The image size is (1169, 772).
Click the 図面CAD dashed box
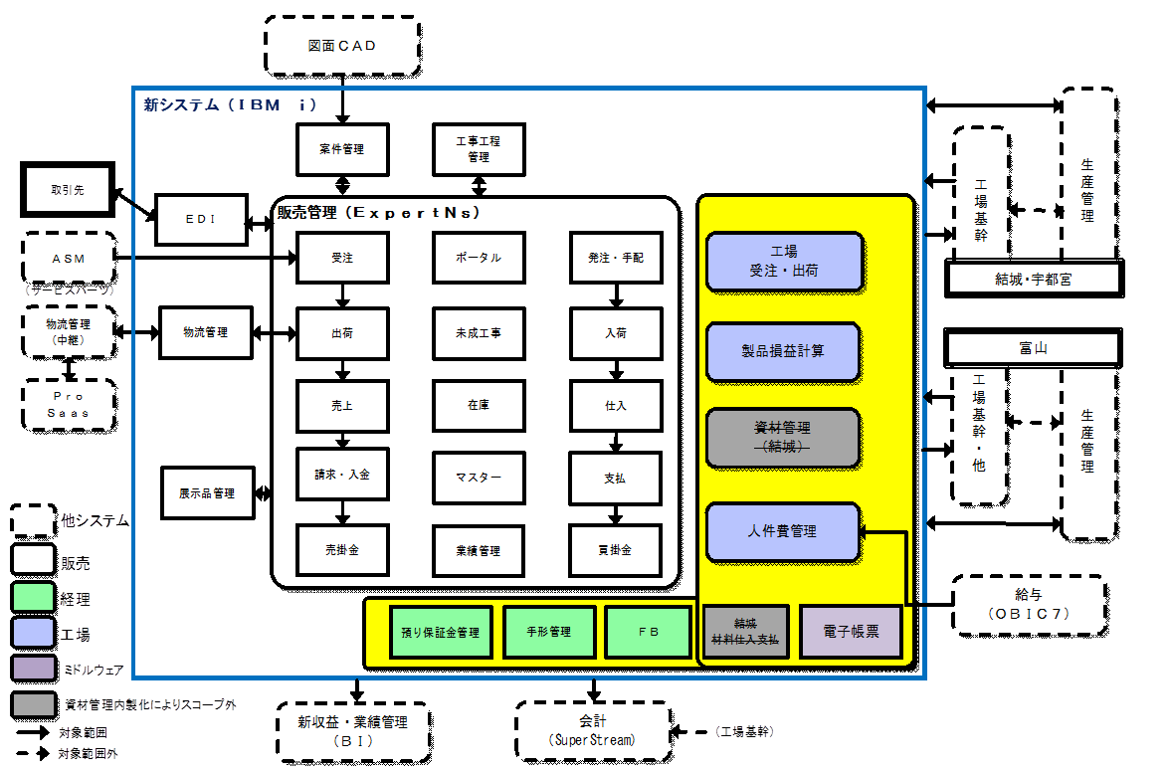pyautogui.click(x=342, y=47)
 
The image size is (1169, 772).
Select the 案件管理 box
pyautogui.click(x=342, y=149)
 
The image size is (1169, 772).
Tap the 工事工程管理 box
pyautogui.click(x=479, y=149)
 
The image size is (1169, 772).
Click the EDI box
pyautogui.click(x=201, y=219)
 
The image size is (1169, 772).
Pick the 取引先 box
pyautogui.click(x=68, y=189)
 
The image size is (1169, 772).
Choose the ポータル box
pyautogui.click(x=479, y=258)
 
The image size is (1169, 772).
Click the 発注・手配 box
pyautogui.click(x=616, y=258)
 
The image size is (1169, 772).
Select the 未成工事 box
pyautogui.click(x=479, y=332)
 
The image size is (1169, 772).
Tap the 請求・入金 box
pyautogui.click(x=342, y=475)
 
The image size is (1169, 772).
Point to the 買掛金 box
pyautogui.click(x=616, y=550)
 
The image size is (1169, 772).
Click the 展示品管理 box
pyautogui.click(x=207, y=493)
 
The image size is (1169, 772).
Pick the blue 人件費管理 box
pyautogui.click(x=783, y=531)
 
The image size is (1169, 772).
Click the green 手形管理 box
pyautogui.click(x=548, y=632)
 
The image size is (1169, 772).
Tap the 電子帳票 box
pyautogui.click(x=851, y=632)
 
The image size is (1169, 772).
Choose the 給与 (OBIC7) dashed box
pyautogui.click(x=1030, y=605)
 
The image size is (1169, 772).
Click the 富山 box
pyautogui.click(x=1032, y=349)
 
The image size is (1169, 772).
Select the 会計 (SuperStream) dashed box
pyautogui.click(x=592, y=731)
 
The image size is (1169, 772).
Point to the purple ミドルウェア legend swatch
pyautogui.click(x=33, y=669)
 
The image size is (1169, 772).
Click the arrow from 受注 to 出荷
pyautogui.click(x=342, y=295)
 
